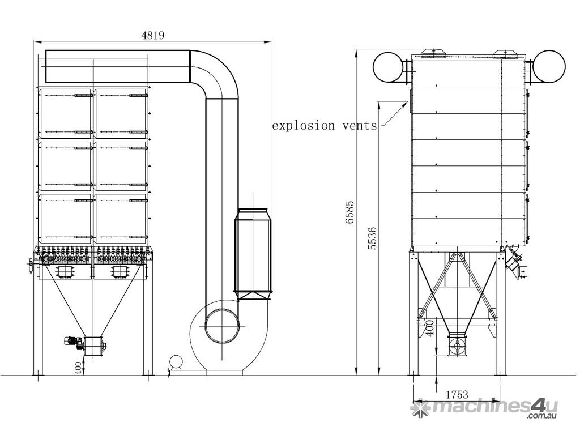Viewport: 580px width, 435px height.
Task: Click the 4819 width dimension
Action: (x=153, y=35)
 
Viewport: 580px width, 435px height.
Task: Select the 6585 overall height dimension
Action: (x=349, y=212)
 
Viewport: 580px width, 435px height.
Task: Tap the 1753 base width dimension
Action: (x=457, y=395)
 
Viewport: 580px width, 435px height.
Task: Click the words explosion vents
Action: (x=325, y=126)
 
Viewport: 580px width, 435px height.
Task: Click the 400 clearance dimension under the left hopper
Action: (x=78, y=368)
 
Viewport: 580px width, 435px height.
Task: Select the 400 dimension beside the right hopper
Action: (x=429, y=328)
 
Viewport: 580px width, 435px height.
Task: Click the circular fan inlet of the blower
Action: (x=221, y=326)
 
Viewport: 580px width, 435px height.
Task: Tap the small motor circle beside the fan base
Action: (x=176, y=362)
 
